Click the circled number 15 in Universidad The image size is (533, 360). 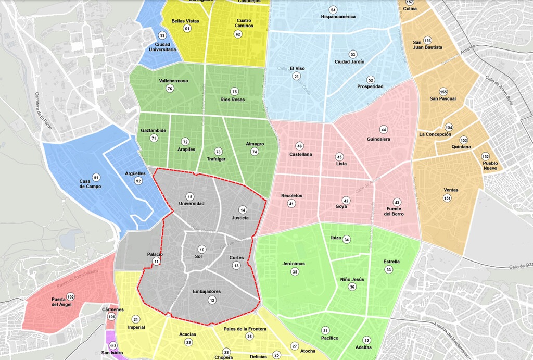190,196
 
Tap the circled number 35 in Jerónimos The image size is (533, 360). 295,272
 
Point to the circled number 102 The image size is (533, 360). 71,296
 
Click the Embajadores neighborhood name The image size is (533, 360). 207,291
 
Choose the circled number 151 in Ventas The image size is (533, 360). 447,198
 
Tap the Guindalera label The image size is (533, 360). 378,139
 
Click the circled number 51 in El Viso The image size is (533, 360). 297,76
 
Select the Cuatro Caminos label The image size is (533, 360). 240,23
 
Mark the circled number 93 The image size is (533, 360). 162,35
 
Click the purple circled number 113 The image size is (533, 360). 113,345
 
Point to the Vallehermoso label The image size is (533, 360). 173,81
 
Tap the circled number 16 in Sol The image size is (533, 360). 202,249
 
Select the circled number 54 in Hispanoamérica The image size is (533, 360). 333,10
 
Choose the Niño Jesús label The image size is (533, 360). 352,279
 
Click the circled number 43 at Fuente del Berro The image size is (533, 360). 397,202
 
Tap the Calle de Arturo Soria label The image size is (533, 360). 499,91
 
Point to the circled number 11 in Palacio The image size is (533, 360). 156,262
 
